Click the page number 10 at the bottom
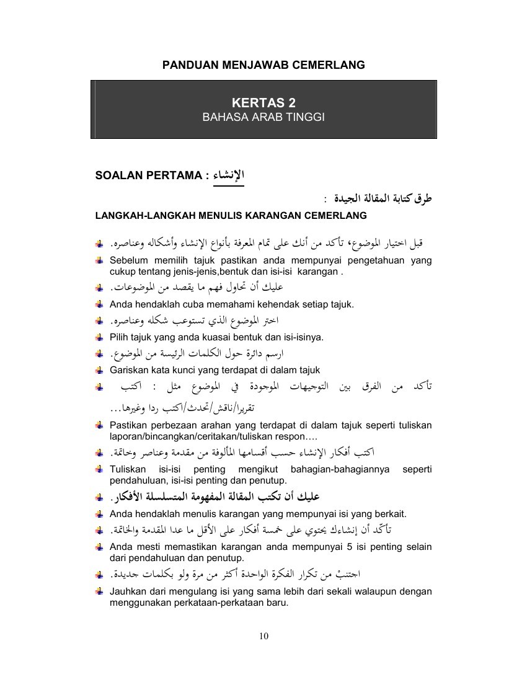(x=263, y=635)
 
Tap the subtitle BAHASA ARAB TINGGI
(x=263, y=117)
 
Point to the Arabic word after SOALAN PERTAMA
(x=229, y=175)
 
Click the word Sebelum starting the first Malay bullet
(x=128, y=260)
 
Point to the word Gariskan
(x=130, y=370)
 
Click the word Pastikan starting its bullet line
(x=130, y=425)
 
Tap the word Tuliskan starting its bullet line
(x=128, y=469)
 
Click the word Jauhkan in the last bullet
(x=128, y=591)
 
